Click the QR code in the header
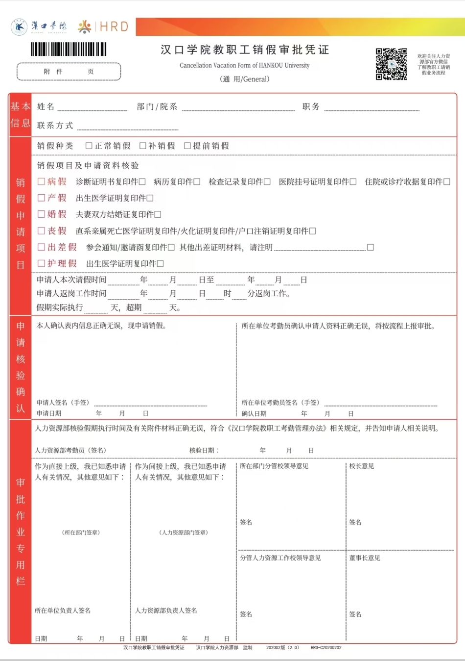(x=391, y=64)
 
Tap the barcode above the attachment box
(x=69, y=49)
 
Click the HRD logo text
(x=114, y=26)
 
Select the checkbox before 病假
(x=42, y=181)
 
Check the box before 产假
(x=42, y=198)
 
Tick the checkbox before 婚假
(x=42, y=214)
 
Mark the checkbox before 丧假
(x=42, y=230)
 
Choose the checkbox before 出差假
(x=42, y=247)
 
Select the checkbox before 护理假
(x=42, y=263)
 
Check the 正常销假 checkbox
(x=89, y=146)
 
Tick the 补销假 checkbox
(x=143, y=146)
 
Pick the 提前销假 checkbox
(x=187, y=146)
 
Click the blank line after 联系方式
(x=127, y=127)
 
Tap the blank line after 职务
(x=372, y=108)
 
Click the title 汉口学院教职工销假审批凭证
(x=245, y=50)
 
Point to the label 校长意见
(x=362, y=466)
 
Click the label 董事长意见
(x=365, y=558)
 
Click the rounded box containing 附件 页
(x=69, y=72)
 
